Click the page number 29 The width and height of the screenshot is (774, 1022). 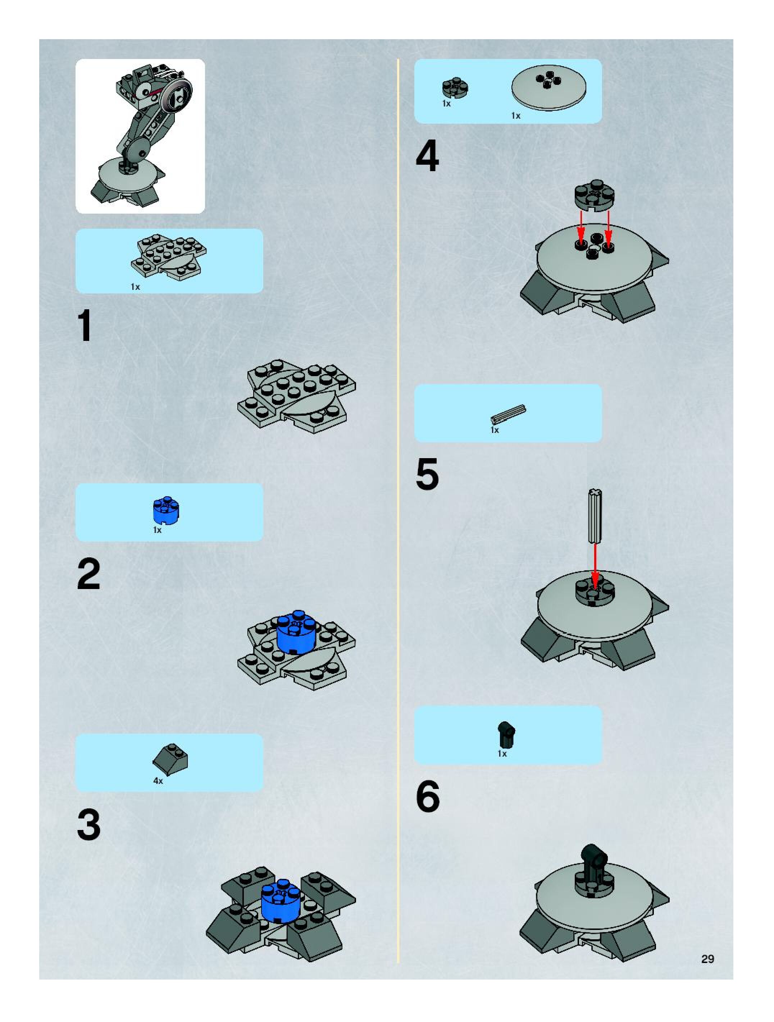(x=707, y=959)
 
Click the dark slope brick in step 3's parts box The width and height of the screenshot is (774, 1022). (x=170, y=759)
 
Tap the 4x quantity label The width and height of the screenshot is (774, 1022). (x=158, y=781)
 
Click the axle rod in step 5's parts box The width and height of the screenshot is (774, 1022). (x=508, y=414)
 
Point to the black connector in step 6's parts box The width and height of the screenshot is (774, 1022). (x=507, y=735)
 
